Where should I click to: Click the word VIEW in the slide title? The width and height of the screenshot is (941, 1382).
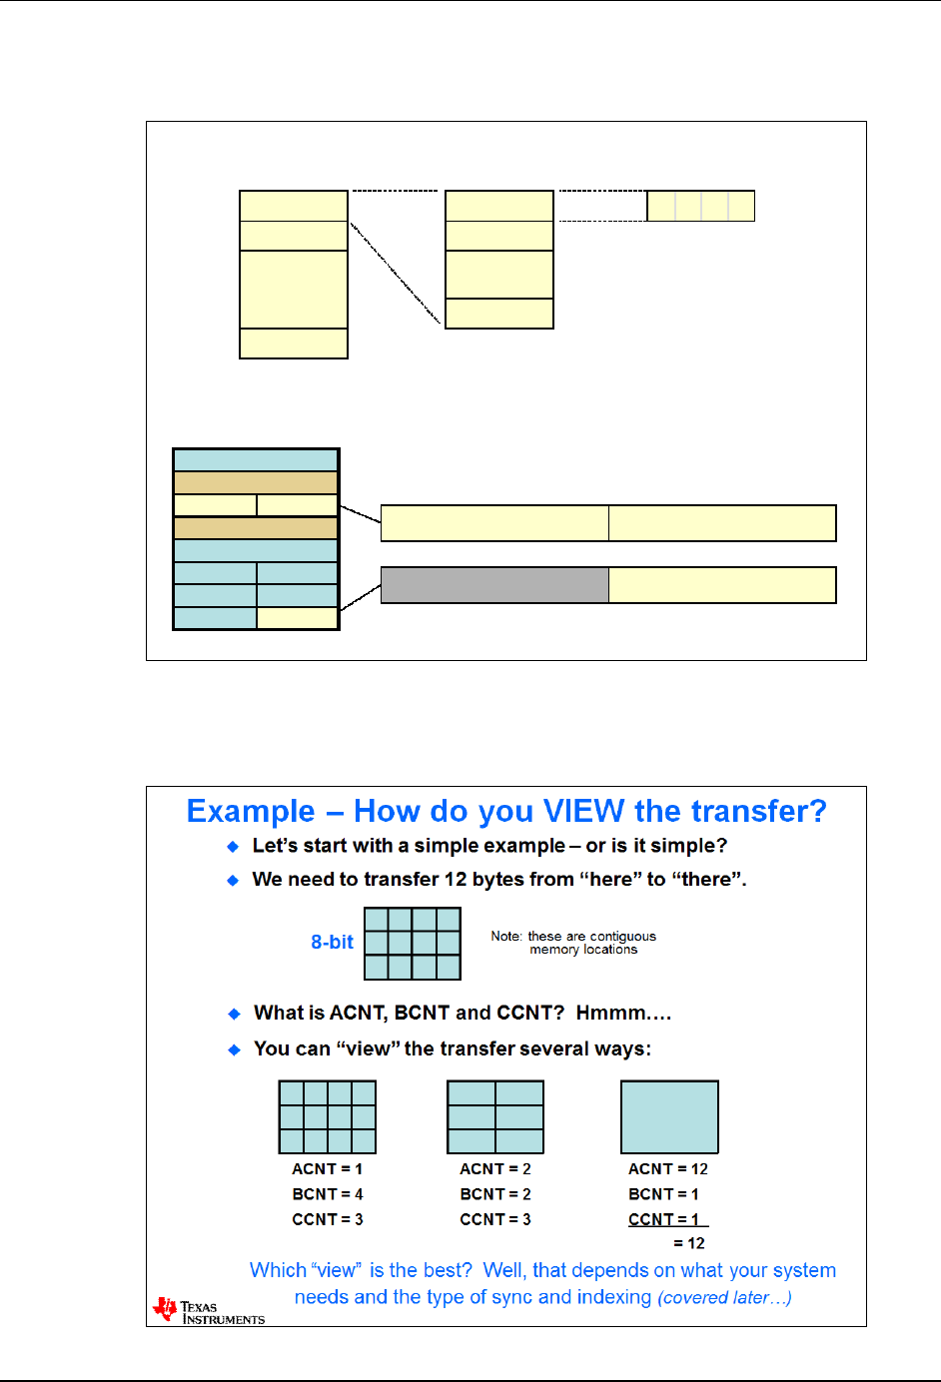pos(583,811)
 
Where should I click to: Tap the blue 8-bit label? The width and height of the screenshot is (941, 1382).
pos(332,942)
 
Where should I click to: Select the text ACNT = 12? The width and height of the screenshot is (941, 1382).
pos(667,1169)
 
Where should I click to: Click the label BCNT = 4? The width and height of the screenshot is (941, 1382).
pos(328,1194)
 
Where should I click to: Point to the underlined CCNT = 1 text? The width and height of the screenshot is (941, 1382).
pos(664,1219)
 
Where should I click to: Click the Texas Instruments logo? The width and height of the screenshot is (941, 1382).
pos(208,1311)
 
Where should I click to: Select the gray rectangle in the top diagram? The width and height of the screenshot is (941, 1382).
pos(494,585)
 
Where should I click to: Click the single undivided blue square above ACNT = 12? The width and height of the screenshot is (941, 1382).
pos(669,1116)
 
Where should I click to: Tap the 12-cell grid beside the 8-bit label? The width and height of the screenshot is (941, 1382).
pos(413,943)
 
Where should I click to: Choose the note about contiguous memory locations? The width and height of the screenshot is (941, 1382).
pos(573,943)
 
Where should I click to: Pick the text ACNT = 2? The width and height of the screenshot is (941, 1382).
pos(495,1169)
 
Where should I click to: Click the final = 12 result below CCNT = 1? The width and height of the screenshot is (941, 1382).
pos(689,1243)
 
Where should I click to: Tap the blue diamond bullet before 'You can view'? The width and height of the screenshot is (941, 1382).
pos(235,1049)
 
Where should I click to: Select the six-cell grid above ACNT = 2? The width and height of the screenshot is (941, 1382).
pos(495,1116)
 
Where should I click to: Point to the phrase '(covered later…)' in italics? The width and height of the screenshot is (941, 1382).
pos(724,1297)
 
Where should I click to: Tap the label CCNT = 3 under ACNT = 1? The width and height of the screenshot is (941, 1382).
pos(328,1219)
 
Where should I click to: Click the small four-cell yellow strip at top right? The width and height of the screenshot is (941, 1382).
pos(700,206)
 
